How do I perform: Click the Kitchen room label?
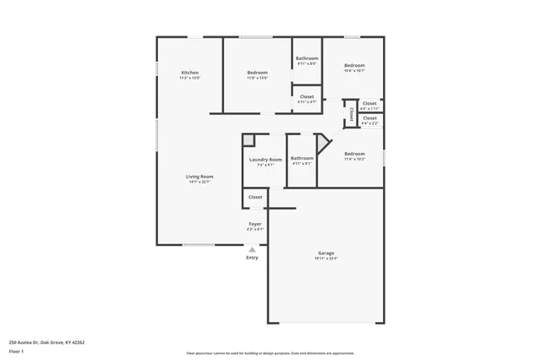click(x=190, y=74)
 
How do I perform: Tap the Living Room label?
click(x=200, y=177)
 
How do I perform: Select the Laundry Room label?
click(x=265, y=159)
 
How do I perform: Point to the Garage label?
click(x=326, y=253)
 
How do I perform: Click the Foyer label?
click(x=254, y=224)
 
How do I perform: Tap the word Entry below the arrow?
click(x=252, y=257)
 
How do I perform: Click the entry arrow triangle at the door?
click(x=252, y=249)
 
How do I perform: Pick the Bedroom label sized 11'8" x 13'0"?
click(x=257, y=74)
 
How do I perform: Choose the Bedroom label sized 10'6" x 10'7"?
click(x=354, y=66)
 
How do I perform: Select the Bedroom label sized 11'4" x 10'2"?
click(x=354, y=155)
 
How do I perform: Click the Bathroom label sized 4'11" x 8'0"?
click(x=307, y=58)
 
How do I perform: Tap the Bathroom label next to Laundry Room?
click(x=302, y=158)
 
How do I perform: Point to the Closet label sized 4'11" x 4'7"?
click(x=307, y=96)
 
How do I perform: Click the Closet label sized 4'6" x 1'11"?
click(x=369, y=104)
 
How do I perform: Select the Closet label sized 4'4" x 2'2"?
click(x=369, y=118)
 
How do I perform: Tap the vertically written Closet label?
click(x=352, y=114)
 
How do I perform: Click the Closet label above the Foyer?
click(x=255, y=197)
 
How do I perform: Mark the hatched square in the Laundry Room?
click(x=249, y=139)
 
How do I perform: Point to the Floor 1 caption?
click(x=15, y=351)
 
